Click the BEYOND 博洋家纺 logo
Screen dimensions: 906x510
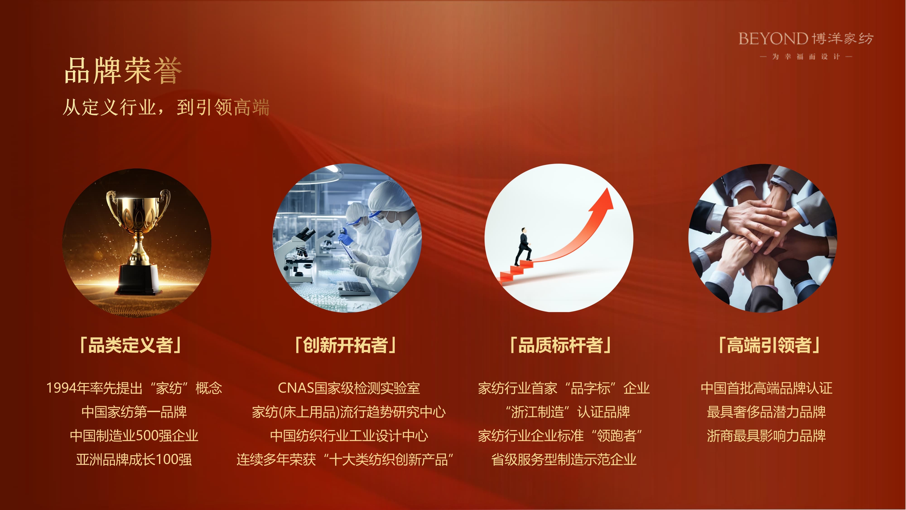point(806,38)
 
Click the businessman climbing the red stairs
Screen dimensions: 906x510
point(523,246)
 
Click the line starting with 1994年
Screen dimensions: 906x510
point(134,388)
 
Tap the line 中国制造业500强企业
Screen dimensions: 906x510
point(134,436)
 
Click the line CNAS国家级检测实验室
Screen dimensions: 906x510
point(349,388)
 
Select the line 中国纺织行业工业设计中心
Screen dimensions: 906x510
point(349,436)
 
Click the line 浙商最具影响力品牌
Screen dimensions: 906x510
point(766,436)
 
